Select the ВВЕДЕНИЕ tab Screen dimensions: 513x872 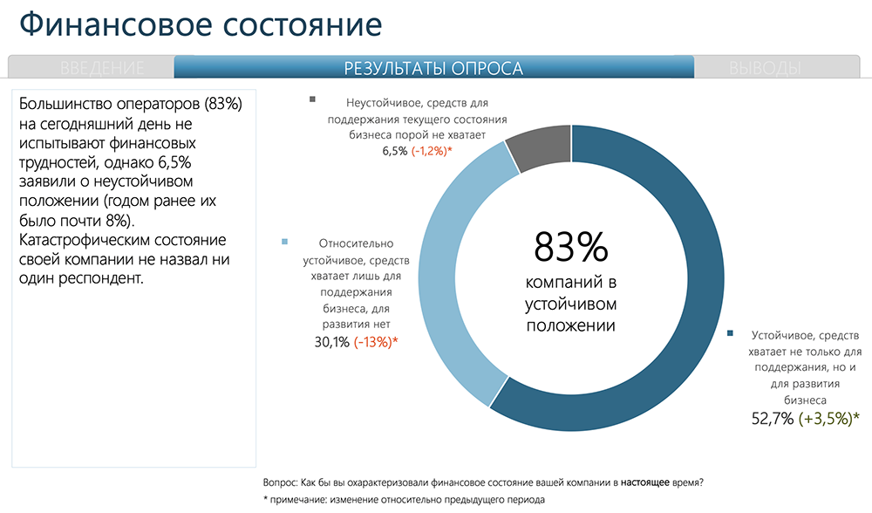(103, 68)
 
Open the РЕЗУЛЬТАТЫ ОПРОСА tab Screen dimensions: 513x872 (433, 68)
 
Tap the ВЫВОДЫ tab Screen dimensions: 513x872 (765, 68)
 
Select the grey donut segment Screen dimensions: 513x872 (538, 147)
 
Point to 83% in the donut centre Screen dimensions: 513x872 (570, 247)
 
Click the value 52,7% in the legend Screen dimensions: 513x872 (773, 418)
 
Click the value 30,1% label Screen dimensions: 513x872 (331, 343)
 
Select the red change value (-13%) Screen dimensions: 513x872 (376, 343)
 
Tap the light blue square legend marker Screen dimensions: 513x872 (283, 242)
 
